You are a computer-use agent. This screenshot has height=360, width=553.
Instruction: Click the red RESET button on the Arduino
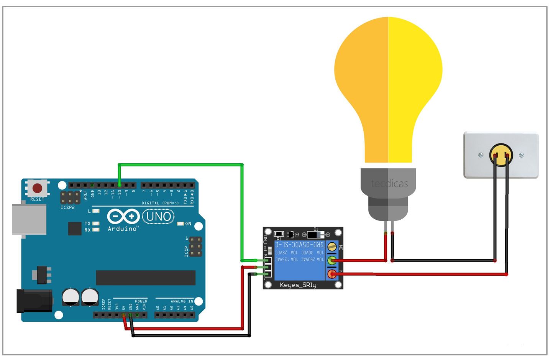pyautogui.click(x=37, y=188)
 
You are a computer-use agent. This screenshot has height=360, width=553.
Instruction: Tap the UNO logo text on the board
pyautogui.click(x=158, y=217)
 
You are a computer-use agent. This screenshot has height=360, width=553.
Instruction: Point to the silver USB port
pyautogui.click(x=29, y=219)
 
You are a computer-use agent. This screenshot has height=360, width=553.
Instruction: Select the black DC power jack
pyautogui.click(x=34, y=301)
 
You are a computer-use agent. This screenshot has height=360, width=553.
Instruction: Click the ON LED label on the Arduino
pyautogui.click(x=188, y=224)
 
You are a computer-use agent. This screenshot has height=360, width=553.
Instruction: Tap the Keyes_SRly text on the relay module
pyautogui.click(x=298, y=285)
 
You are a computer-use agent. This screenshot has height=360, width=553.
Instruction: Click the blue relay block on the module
pyautogui.click(x=299, y=261)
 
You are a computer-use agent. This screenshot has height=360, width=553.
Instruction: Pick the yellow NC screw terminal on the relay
pyautogui.click(x=332, y=247)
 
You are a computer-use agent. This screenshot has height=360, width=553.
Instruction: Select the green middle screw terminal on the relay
pyautogui.click(x=332, y=261)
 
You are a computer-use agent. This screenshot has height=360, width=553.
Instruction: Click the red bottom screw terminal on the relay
pyautogui.click(x=332, y=274)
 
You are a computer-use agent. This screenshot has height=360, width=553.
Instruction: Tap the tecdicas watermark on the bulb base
pyautogui.click(x=389, y=184)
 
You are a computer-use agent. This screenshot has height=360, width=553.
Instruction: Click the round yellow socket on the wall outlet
pyautogui.click(x=501, y=155)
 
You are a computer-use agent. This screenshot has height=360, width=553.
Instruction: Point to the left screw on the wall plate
pyautogui.click(x=481, y=155)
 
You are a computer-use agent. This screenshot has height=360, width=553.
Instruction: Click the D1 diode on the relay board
pyautogui.click(x=315, y=234)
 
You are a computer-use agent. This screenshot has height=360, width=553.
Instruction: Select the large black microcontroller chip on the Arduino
pyautogui.click(x=146, y=278)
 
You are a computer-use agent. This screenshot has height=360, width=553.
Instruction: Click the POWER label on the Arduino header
pyautogui.click(x=141, y=301)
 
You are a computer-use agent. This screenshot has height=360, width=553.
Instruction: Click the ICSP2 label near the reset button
pyautogui.click(x=68, y=207)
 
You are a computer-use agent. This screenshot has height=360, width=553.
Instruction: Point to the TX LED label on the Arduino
pyautogui.click(x=87, y=224)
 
